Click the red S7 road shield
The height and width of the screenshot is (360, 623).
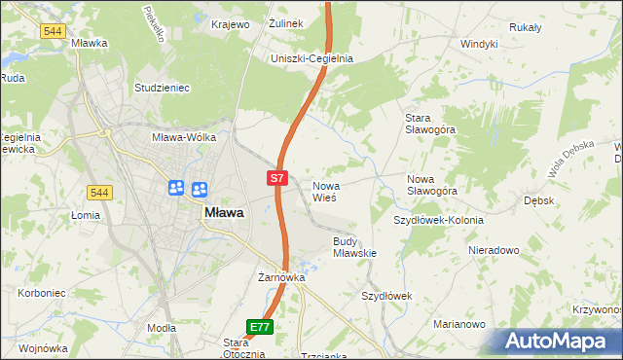pyautogui.click(x=277, y=178)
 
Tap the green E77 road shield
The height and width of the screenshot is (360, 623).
pyautogui.click(x=259, y=328)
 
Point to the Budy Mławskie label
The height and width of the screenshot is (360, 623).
pyautogui.click(x=354, y=246)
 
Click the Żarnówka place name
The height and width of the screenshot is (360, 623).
pyautogui.click(x=281, y=277)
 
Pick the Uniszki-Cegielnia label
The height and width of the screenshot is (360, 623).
pyautogui.click(x=311, y=58)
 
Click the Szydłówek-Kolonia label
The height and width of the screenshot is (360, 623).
pyautogui.click(x=438, y=220)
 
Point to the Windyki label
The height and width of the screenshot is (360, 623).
pyautogui.click(x=479, y=44)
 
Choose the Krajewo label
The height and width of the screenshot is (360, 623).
pyautogui.click(x=231, y=23)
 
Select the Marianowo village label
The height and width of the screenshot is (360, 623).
pyautogui.click(x=459, y=324)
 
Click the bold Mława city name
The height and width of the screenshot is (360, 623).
pyautogui.click(x=223, y=212)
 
